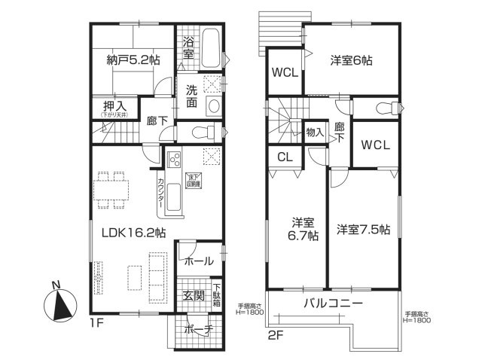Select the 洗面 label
(191, 96)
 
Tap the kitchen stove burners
(174, 160)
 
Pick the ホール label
(198, 261)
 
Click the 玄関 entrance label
(194, 294)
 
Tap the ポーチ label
(200, 329)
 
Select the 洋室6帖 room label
(351, 60)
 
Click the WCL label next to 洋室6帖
(285, 72)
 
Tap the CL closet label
(284, 158)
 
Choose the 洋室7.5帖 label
(362, 230)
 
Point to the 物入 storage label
(315, 133)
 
